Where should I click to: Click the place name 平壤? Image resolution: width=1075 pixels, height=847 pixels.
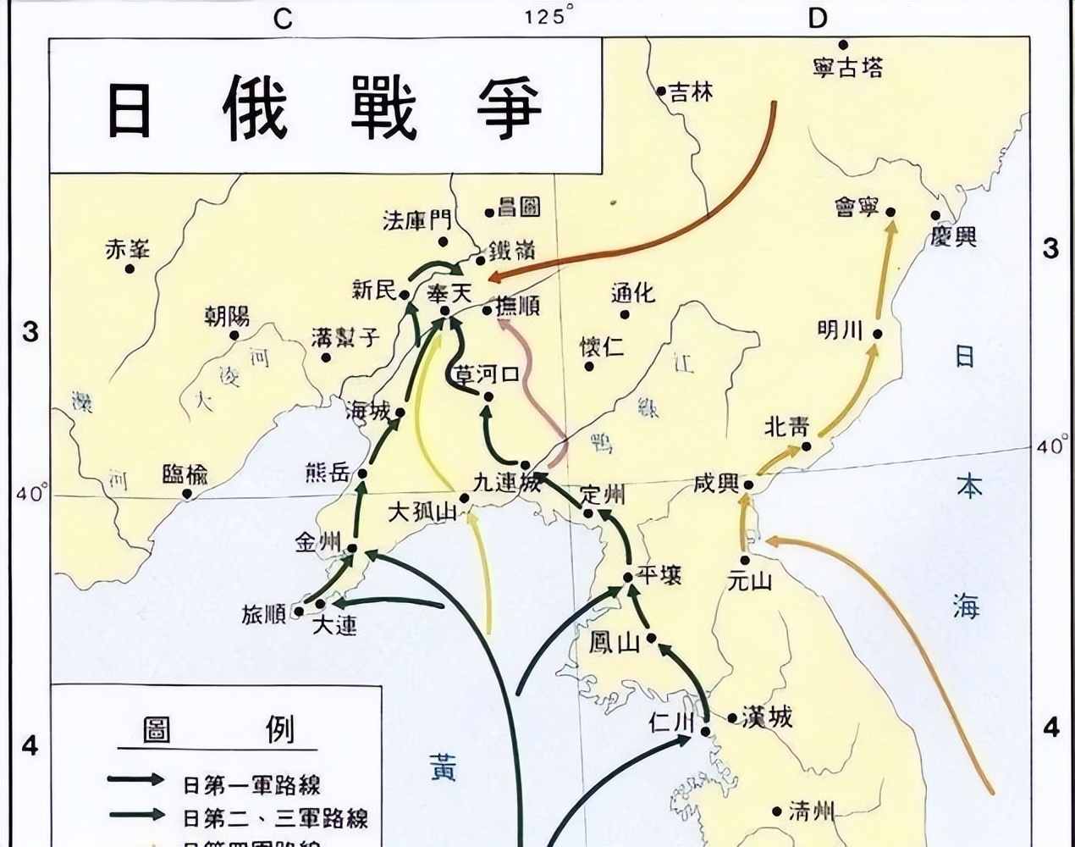[659, 575]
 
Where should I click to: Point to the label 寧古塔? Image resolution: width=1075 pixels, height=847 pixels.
[847, 68]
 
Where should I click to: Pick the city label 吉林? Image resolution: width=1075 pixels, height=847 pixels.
[691, 91]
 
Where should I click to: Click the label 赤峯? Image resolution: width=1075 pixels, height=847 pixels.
[128, 249]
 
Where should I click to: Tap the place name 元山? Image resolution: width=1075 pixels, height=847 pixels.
[750, 580]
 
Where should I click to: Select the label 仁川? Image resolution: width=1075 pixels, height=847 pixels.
[671, 722]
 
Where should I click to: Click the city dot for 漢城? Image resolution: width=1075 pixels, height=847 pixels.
[732, 718]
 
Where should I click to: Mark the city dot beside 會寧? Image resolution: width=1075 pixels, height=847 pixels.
[890, 213]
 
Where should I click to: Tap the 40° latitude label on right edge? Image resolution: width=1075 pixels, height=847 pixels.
[1052, 446]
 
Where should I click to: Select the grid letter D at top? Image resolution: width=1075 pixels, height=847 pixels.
[817, 18]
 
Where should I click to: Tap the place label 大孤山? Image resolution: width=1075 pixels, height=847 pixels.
[422, 512]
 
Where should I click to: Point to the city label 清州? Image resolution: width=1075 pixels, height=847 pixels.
[811, 811]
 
